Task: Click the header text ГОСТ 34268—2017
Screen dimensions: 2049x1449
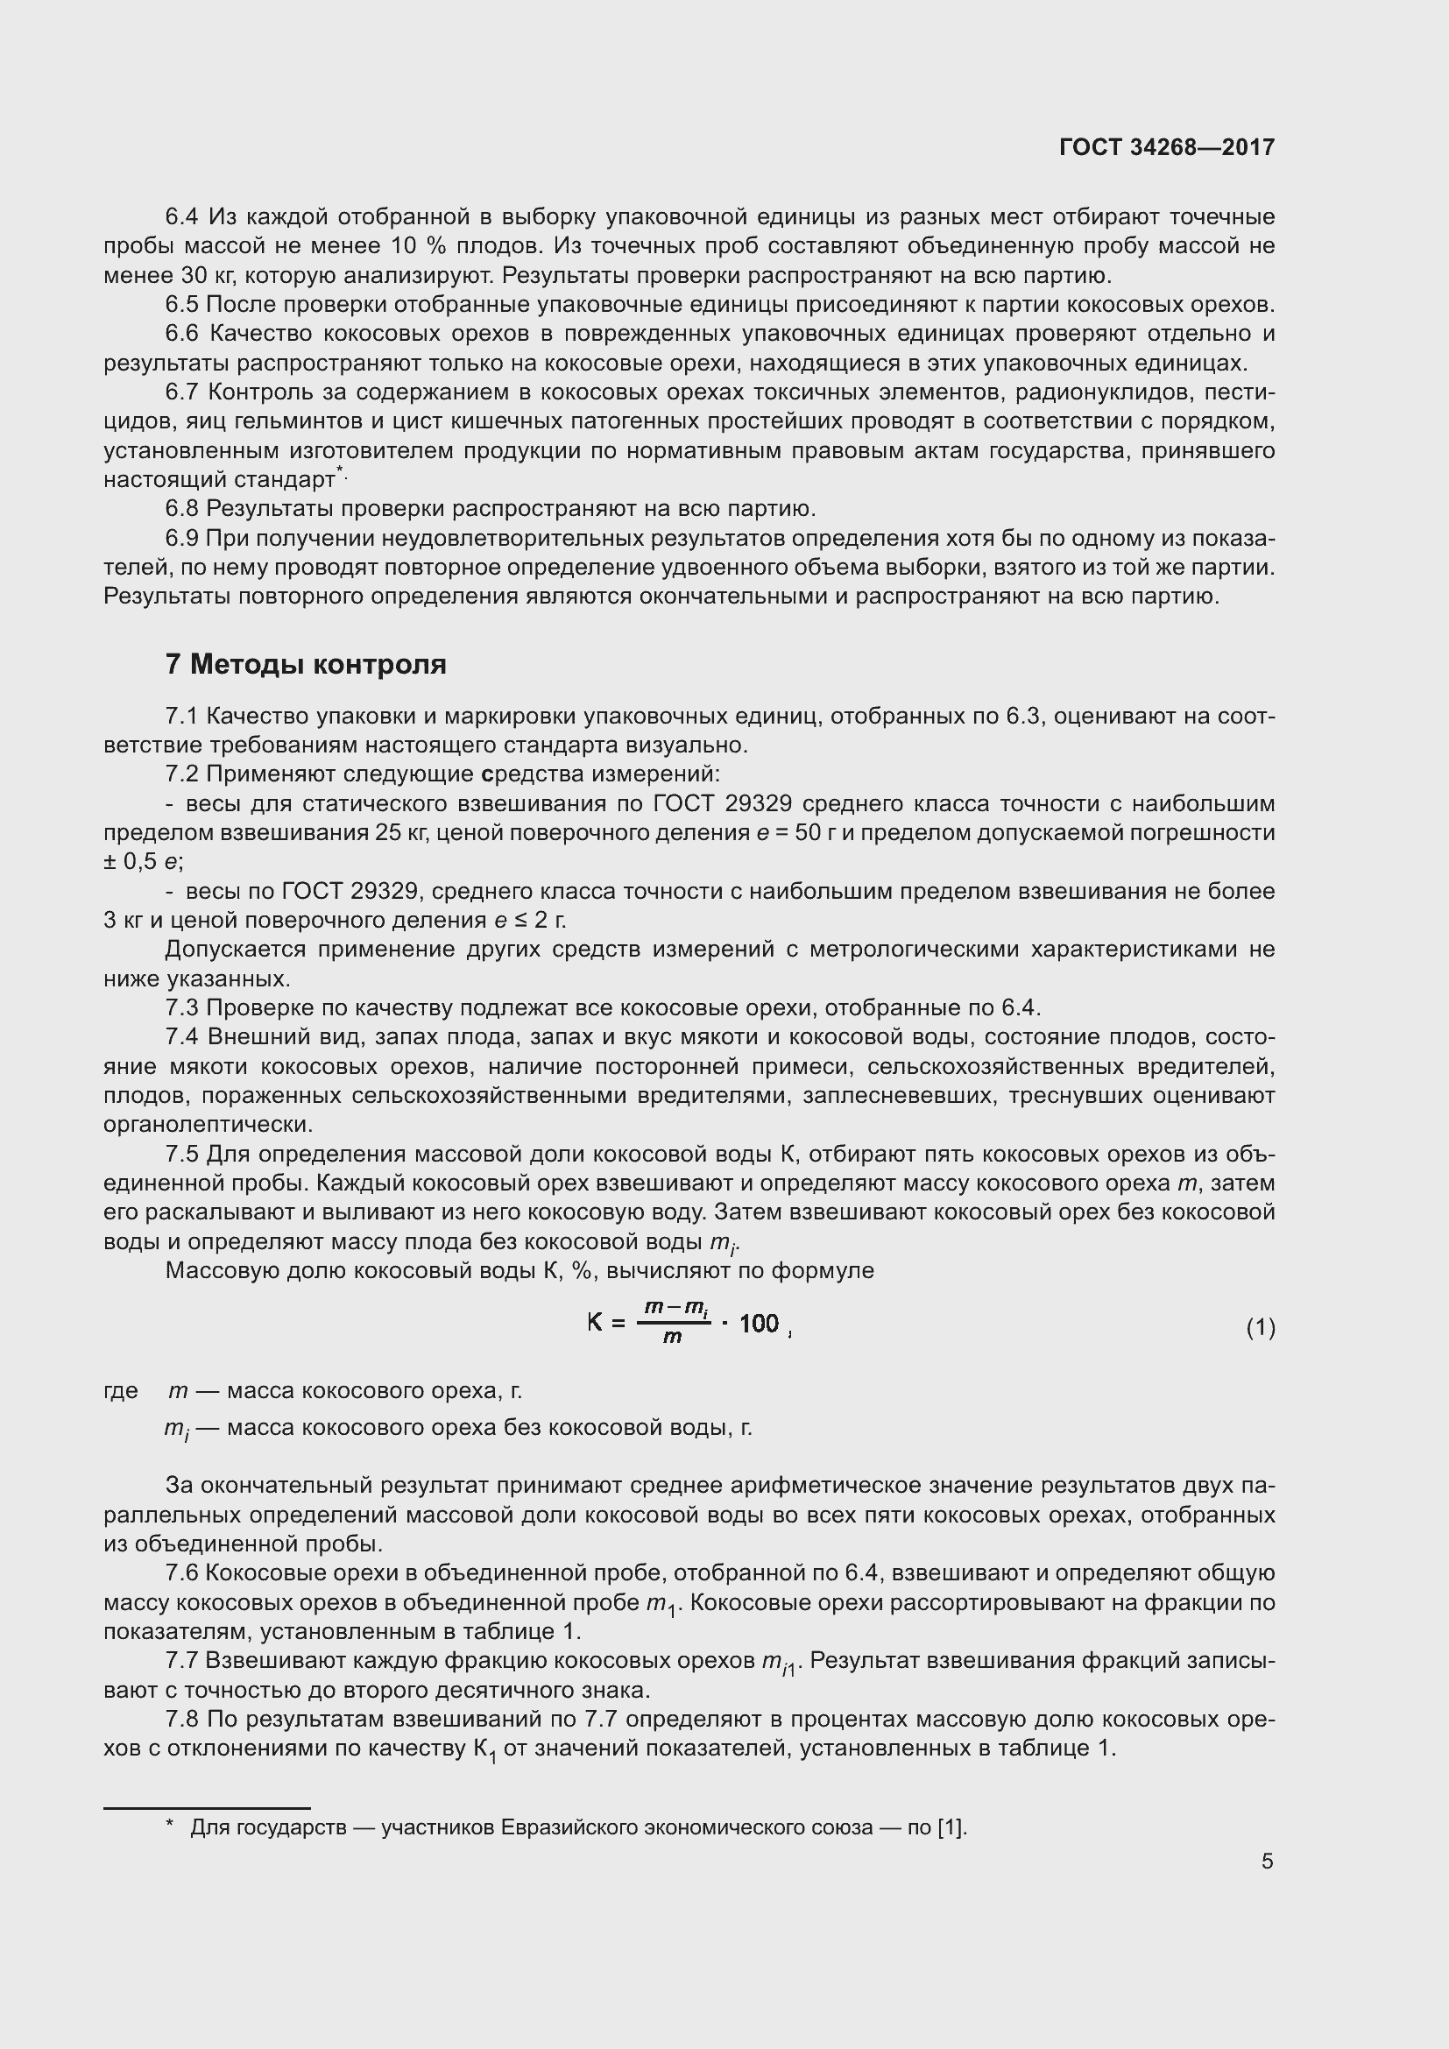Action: point(1166,147)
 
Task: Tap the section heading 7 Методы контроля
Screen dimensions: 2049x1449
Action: point(305,665)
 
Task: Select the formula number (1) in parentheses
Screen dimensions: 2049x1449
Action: point(1260,1328)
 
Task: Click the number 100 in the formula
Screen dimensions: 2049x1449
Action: point(760,1324)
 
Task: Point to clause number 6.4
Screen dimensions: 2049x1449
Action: point(183,217)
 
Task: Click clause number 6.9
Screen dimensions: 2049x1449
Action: point(183,538)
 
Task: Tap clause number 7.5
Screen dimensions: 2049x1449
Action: point(183,1154)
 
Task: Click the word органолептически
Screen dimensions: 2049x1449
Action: point(208,1125)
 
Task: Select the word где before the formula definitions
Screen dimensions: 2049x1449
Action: point(122,1390)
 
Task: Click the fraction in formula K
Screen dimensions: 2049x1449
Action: point(675,1323)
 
